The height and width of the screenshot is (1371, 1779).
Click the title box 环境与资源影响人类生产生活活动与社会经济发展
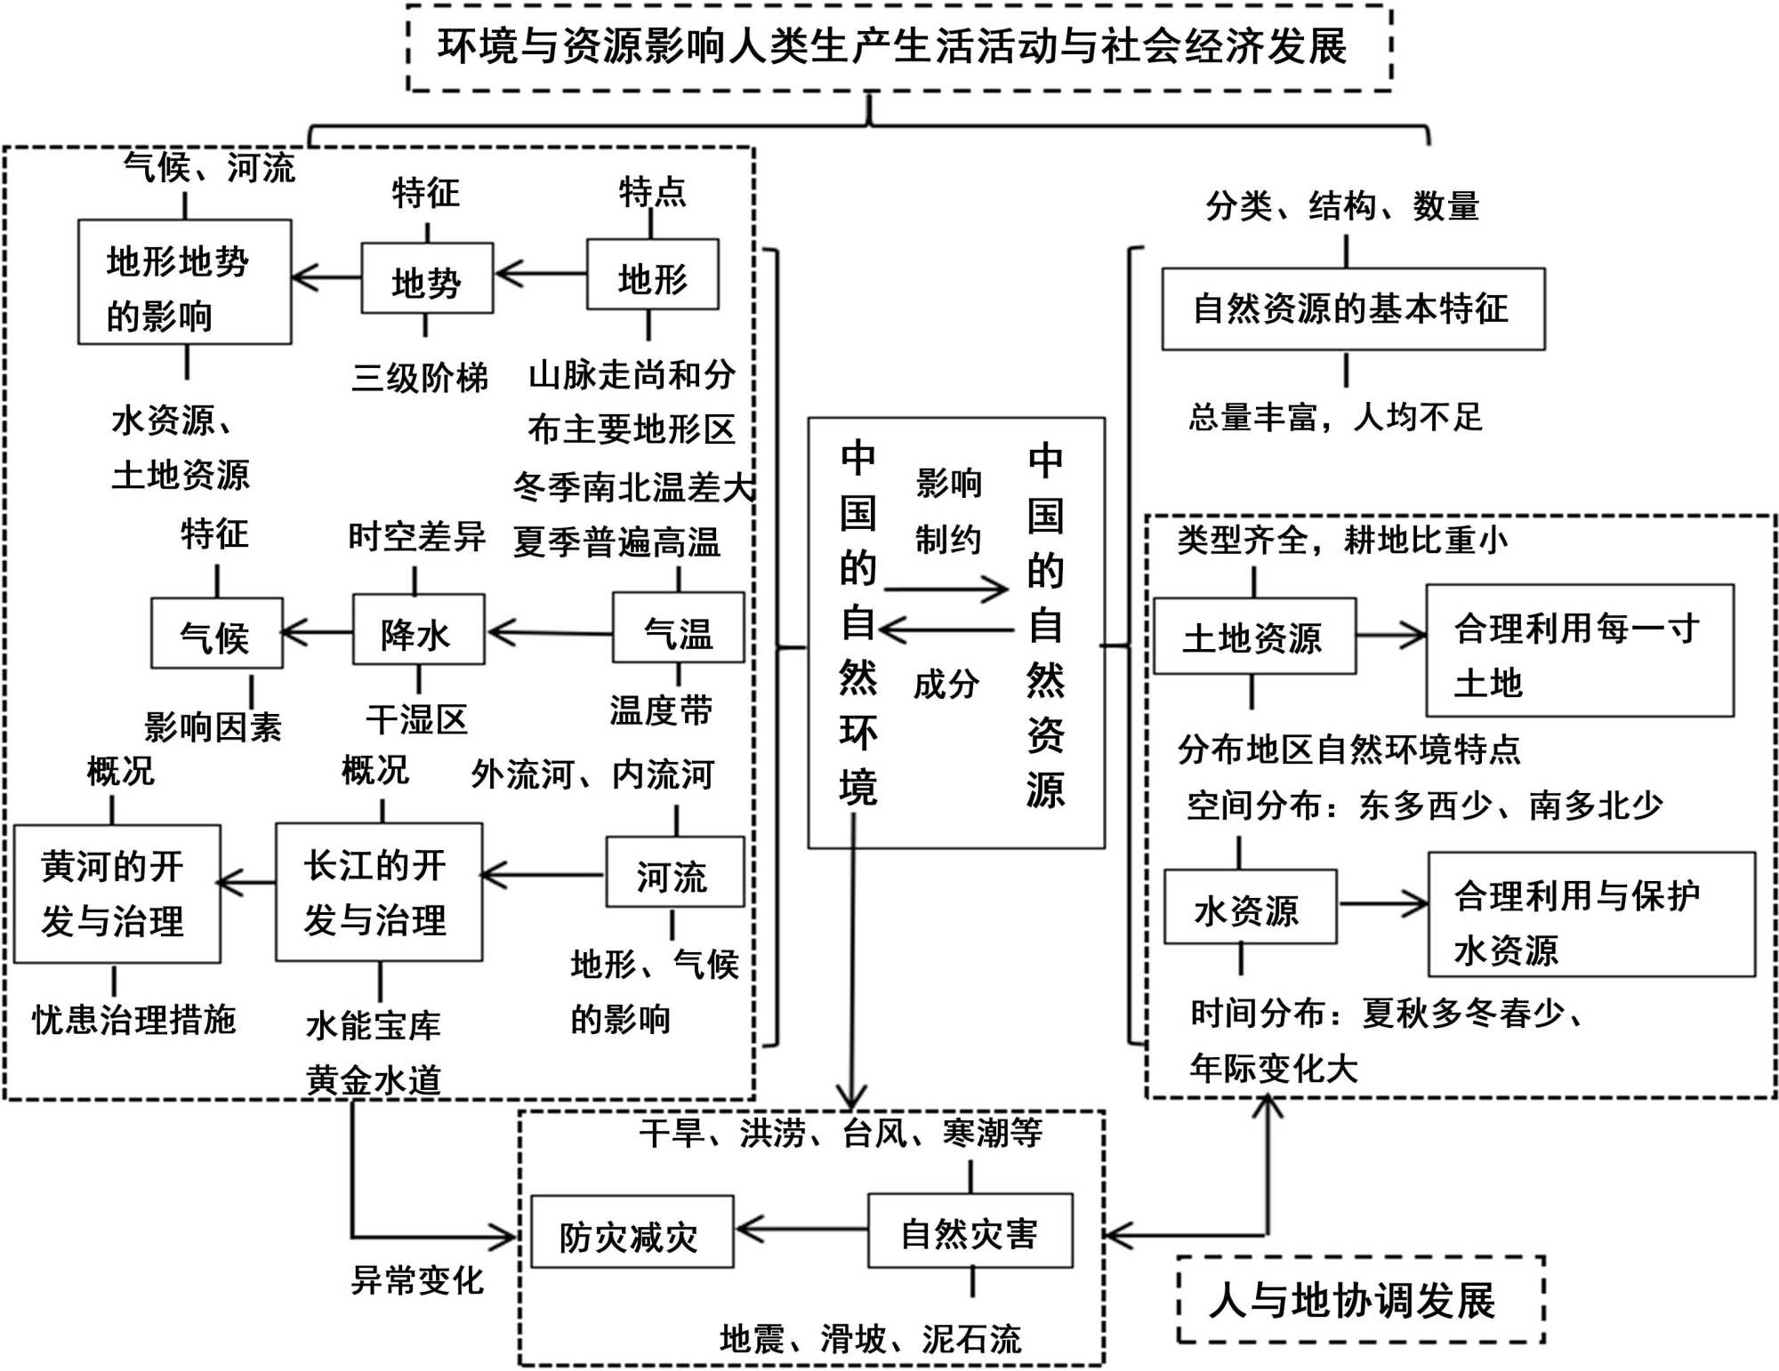tap(898, 47)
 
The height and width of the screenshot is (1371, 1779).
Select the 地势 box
tap(427, 278)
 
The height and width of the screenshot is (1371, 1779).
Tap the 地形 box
tap(653, 275)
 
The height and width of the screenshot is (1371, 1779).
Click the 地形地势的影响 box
tap(184, 283)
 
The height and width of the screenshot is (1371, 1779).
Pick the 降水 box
tap(418, 630)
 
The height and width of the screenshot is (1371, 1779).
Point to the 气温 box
tap(678, 629)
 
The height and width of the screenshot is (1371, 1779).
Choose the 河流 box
tap(674, 872)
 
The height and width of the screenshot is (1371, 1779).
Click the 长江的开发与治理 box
tap(379, 892)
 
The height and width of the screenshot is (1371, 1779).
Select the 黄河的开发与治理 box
tap(117, 894)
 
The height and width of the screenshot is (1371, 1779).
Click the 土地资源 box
tap(1254, 637)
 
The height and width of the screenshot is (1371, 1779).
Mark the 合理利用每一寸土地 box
tap(1579, 651)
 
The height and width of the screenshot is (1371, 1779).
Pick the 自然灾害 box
tap(970, 1231)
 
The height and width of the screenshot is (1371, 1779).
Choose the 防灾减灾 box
tap(632, 1232)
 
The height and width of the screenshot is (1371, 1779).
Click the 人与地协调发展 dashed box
tap(1359, 1300)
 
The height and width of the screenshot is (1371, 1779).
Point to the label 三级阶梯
tap(420, 378)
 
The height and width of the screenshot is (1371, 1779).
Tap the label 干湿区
tap(417, 719)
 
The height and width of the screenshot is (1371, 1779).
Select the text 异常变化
tap(417, 1280)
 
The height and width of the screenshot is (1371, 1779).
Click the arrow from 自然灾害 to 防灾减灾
tap(801, 1231)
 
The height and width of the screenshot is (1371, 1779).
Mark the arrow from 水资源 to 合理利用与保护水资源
tap(1382, 904)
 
